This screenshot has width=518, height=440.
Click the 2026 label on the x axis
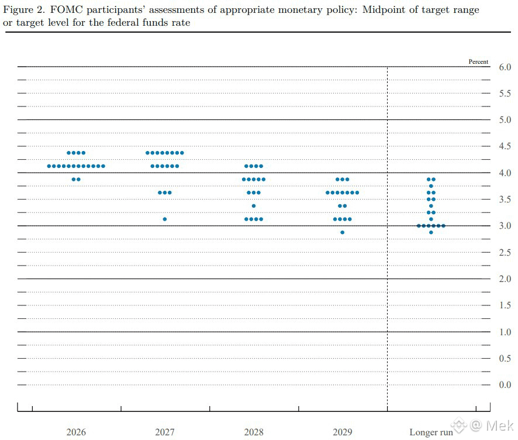coord(76,432)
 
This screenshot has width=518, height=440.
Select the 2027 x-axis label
coord(165,432)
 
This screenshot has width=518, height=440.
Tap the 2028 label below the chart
coord(254,432)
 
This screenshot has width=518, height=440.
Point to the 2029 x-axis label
coord(343,432)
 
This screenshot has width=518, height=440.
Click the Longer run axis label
coord(431,432)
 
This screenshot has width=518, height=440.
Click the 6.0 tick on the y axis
coord(505,67)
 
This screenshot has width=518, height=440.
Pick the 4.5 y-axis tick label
coord(505,146)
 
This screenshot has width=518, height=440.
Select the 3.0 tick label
coord(505,226)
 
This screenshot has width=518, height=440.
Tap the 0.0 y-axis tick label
coord(505,385)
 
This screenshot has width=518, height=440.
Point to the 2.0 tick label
coord(505,279)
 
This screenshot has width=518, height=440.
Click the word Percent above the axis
coord(478,61)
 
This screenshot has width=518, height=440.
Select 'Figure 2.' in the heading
coord(24,10)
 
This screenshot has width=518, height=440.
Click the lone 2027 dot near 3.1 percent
coord(165,219)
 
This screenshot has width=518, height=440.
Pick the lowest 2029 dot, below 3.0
coord(343,232)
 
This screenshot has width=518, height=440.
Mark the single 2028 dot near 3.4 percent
coord(254,206)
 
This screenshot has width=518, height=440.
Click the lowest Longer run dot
coord(431,232)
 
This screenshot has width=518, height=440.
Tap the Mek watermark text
coord(500,426)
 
